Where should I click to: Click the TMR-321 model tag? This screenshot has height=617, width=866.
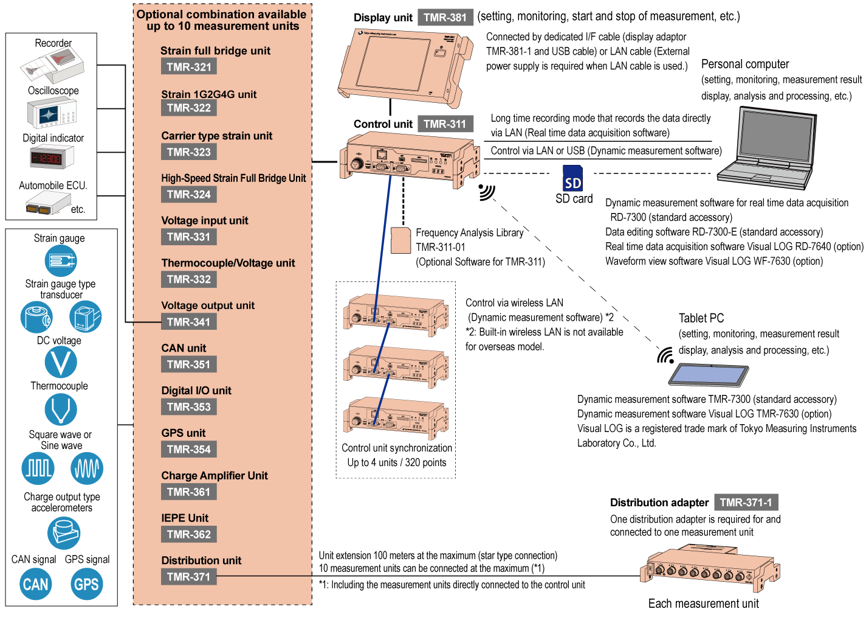pyautogui.click(x=189, y=67)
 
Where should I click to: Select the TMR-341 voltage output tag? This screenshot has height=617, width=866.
pyautogui.click(x=189, y=322)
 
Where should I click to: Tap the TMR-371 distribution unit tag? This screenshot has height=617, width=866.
pyautogui.click(x=189, y=577)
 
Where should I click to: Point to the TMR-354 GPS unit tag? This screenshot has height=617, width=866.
pyautogui.click(x=189, y=450)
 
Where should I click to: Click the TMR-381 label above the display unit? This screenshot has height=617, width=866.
pyautogui.click(x=445, y=18)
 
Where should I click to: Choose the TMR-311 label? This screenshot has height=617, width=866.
pyautogui.click(x=445, y=124)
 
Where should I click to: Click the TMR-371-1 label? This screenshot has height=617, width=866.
pyautogui.click(x=746, y=503)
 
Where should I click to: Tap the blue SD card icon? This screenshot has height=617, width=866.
pyautogui.click(x=572, y=178)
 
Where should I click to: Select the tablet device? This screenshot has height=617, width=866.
pyautogui.click(x=709, y=374)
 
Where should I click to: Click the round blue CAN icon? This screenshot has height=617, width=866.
pyautogui.click(x=36, y=584)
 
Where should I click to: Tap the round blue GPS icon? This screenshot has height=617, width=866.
pyautogui.click(x=86, y=584)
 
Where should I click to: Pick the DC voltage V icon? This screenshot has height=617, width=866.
pyautogui.click(x=61, y=363)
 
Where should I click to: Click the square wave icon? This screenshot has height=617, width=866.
pyautogui.click(x=38, y=468)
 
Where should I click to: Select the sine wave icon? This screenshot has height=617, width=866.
pyautogui.click(x=87, y=468)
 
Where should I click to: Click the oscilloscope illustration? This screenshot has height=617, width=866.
pyautogui.click(x=52, y=113)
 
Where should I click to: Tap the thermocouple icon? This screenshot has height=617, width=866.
pyautogui.click(x=61, y=409)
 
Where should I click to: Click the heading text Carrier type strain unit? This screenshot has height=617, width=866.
pyautogui.click(x=216, y=136)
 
